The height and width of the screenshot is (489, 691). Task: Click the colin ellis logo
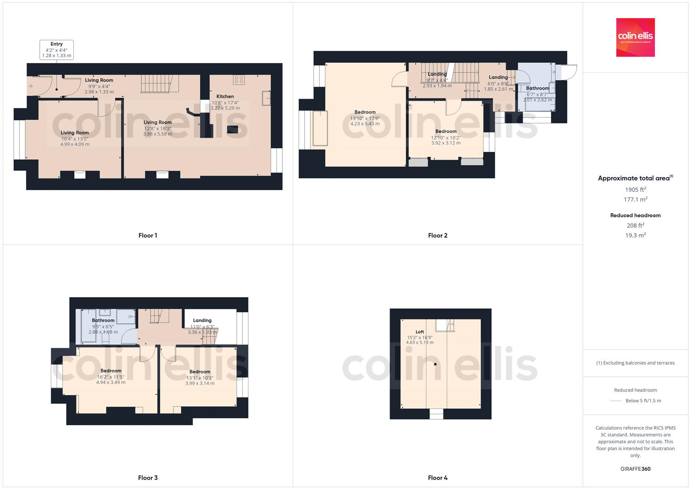[635, 37]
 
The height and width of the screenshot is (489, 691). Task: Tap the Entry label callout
[57, 50]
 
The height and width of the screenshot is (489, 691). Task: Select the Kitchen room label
[225, 96]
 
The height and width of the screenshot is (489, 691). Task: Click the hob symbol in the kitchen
[238, 80]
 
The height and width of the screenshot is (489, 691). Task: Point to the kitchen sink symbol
[266, 98]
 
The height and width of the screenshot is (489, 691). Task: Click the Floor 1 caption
[148, 235]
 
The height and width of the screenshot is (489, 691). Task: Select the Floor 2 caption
[438, 235]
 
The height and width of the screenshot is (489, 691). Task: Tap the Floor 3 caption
[148, 478]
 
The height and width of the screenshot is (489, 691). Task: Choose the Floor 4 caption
[438, 478]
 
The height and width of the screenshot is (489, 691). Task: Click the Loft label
[419, 332]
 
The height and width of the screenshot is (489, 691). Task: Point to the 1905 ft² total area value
[635, 190]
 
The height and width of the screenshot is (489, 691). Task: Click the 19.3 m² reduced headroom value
[635, 235]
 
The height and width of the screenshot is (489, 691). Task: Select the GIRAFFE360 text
[635, 469]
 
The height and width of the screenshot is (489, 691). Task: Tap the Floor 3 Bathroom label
[103, 321]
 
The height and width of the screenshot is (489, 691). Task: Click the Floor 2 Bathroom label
[538, 88]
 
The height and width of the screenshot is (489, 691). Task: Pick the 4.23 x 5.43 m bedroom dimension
[365, 124]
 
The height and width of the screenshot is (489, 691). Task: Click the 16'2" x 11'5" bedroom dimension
[111, 377]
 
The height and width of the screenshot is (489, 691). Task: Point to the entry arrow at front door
[31, 86]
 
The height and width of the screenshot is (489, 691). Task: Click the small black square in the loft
[435, 364]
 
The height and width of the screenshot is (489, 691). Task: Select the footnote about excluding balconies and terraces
[635, 363]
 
